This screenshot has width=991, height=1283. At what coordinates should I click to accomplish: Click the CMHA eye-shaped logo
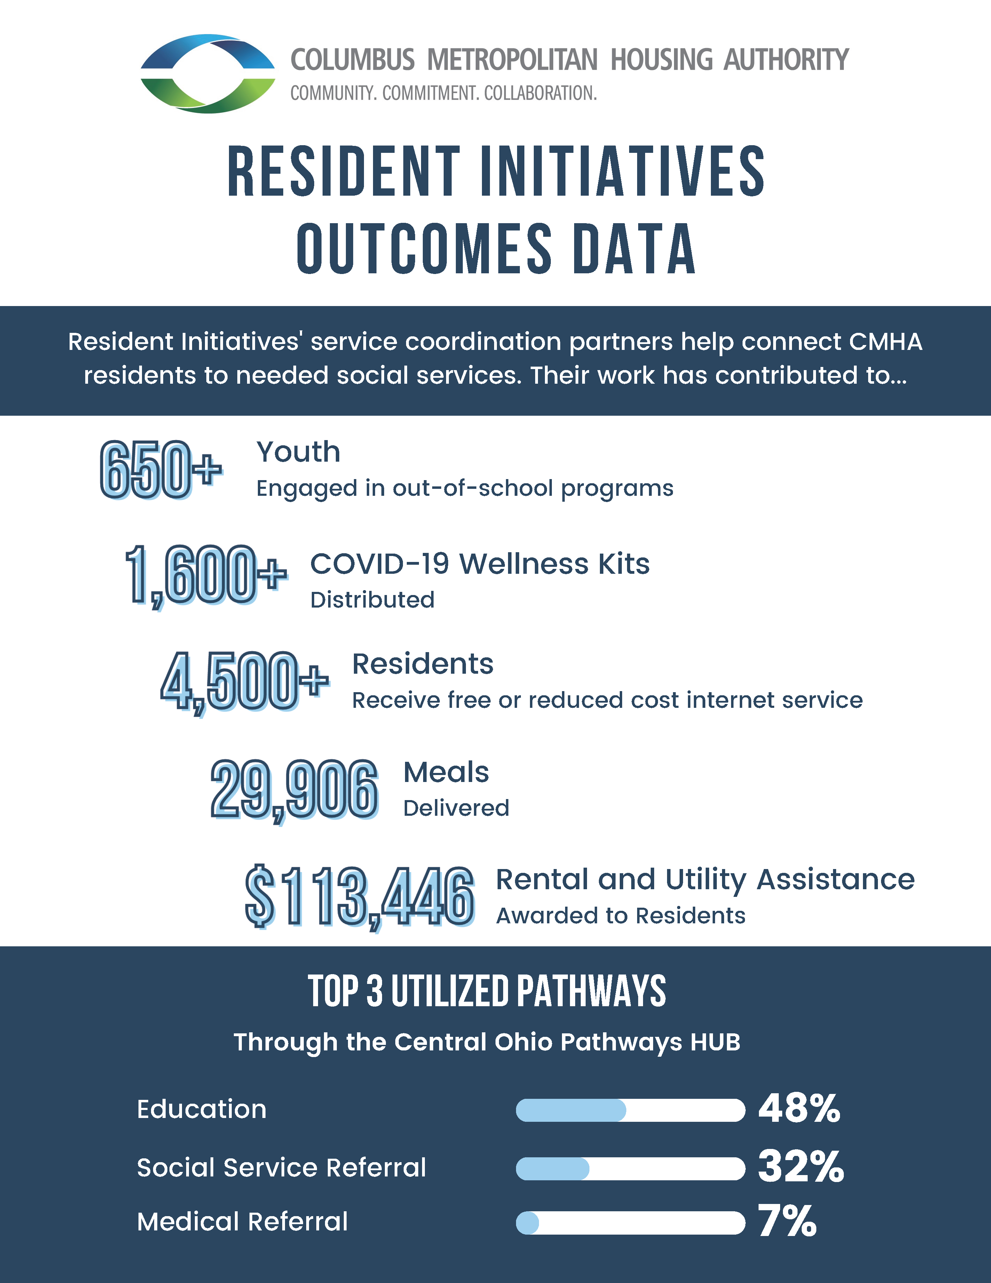coord(207,73)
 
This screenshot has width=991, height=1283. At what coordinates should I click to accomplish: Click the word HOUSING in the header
coord(661,60)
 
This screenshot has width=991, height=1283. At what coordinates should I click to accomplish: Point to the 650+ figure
coord(160,470)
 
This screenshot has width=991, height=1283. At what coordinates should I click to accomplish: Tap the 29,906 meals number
coord(294,790)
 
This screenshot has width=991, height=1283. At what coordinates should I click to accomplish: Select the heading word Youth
coord(298,452)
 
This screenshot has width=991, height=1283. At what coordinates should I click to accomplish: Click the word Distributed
coord(372,600)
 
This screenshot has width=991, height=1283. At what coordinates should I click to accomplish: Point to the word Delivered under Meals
coord(456,808)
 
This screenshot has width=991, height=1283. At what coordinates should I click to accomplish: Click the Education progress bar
coord(630,1110)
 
